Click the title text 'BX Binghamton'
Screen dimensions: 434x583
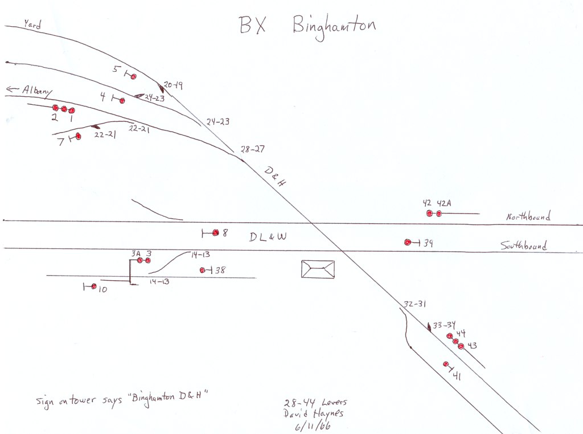[306, 26]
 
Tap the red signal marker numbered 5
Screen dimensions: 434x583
[134, 77]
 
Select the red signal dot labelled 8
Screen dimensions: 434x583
[215, 232]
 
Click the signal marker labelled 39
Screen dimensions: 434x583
[408, 242]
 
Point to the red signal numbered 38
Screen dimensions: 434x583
[203, 270]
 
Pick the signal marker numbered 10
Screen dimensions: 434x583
[94, 286]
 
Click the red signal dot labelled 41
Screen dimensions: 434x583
[446, 365]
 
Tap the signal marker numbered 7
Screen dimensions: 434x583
[78, 136]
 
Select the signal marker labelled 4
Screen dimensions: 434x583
[122, 100]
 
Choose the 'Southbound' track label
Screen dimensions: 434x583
[524, 246]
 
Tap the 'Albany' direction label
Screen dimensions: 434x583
[38, 91]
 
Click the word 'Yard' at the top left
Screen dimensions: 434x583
[32, 24]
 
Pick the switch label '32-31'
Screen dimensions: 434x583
[414, 304]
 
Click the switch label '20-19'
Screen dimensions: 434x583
[173, 85]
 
